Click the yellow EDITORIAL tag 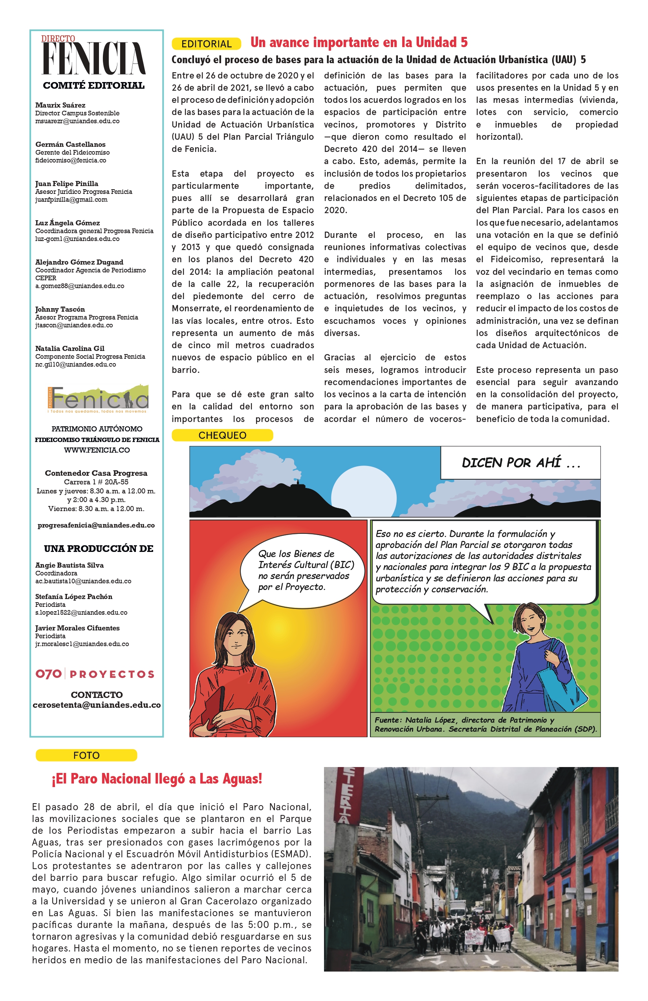tap(206, 44)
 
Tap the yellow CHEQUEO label tap(222, 435)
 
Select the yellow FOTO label tap(86, 755)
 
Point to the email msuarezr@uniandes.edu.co tap(77, 121)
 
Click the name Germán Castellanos tap(70, 144)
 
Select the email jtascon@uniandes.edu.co tap(74, 325)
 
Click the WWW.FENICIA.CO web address tap(97, 450)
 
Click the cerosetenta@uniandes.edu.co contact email tap(97, 705)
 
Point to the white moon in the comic tap(364, 497)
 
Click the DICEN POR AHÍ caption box tap(520, 463)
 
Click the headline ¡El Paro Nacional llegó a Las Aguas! tap(157, 779)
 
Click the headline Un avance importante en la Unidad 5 tap(359, 42)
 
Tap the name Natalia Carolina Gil tap(70, 348)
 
